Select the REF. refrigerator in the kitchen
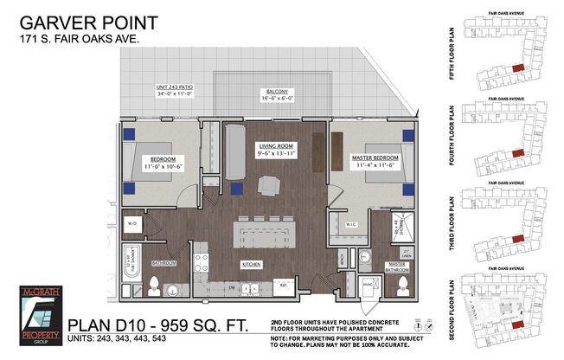tap(282, 285)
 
